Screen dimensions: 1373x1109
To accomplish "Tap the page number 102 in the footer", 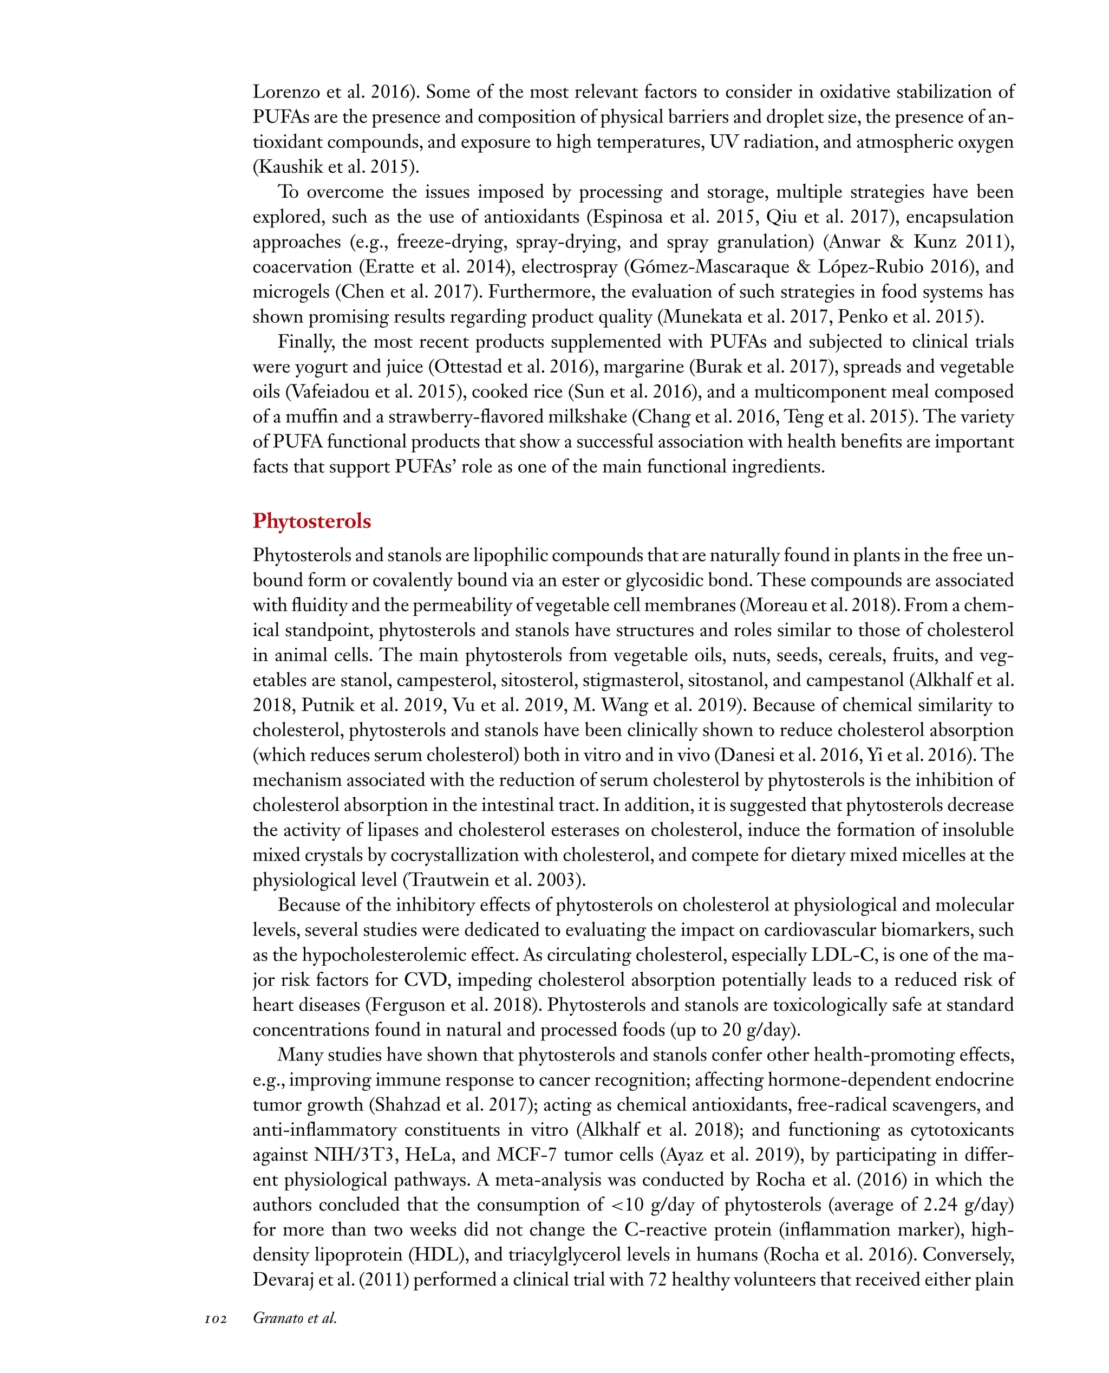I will click(216, 1319).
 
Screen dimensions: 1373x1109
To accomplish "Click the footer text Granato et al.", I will click(295, 1318).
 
